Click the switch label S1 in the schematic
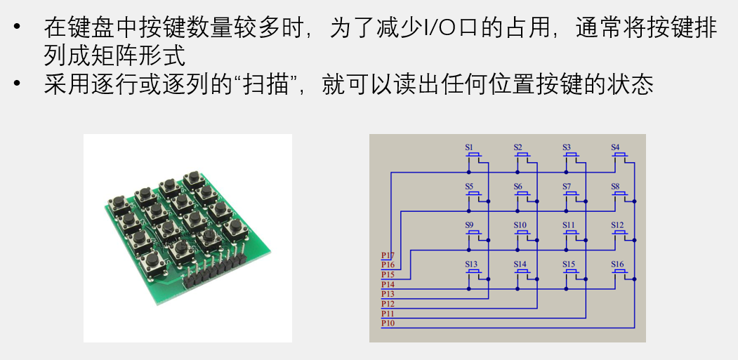click(469, 147)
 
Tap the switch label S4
click(615, 147)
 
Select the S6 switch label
click(518, 186)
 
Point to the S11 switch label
click(569, 225)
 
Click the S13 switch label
click(470, 264)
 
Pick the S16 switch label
click(617, 264)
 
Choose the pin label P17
click(388, 255)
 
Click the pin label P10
click(388, 324)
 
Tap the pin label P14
click(388, 284)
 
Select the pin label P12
click(388, 304)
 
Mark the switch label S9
click(469, 225)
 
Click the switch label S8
click(615, 186)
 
